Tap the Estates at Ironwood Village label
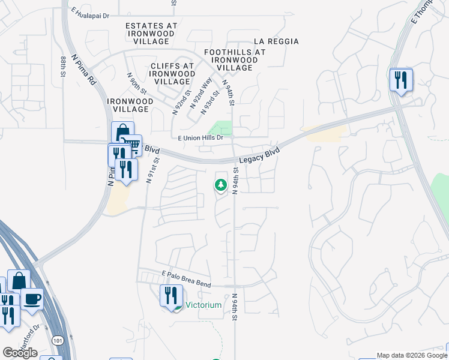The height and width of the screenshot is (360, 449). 151,34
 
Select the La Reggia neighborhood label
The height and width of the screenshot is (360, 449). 276,41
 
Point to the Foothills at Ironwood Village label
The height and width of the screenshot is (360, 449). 235,60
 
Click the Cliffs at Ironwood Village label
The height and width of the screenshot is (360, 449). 172,73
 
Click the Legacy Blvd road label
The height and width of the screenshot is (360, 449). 259,156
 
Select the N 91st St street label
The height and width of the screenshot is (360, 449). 152,170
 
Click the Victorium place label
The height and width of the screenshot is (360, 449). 203,305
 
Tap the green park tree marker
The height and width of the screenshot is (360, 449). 221,185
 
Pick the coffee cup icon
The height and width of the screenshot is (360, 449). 32,298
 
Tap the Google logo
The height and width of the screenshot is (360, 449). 20,353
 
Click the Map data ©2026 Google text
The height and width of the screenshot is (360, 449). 412,355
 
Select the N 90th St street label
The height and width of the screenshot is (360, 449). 137,83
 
